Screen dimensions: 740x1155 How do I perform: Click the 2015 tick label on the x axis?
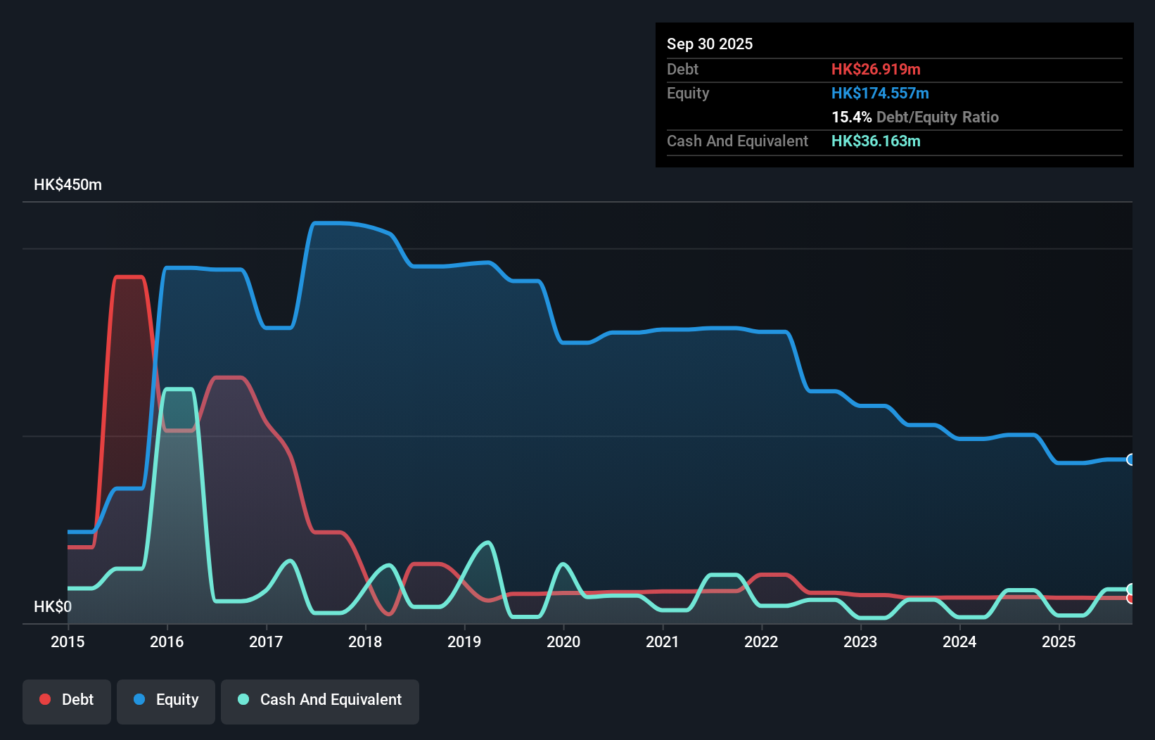(x=68, y=642)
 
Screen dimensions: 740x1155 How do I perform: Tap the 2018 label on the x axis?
(x=365, y=642)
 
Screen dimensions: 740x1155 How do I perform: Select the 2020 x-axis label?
(x=563, y=642)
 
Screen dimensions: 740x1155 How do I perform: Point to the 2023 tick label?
(x=860, y=642)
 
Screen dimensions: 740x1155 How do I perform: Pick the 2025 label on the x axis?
(x=1059, y=642)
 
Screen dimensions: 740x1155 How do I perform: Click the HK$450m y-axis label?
(x=68, y=185)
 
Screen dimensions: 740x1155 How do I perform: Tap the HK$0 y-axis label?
(x=53, y=606)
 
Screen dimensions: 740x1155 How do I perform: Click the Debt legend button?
(x=67, y=700)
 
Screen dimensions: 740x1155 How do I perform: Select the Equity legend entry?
(x=166, y=700)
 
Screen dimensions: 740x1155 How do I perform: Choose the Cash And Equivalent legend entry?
(x=320, y=700)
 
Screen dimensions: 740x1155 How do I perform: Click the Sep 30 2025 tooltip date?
(x=709, y=44)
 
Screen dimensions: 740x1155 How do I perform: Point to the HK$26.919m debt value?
(x=875, y=69)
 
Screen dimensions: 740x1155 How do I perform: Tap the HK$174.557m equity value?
(x=879, y=93)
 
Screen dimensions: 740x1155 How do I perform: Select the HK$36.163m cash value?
(x=875, y=141)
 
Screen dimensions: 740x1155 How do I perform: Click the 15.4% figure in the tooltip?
(x=851, y=117)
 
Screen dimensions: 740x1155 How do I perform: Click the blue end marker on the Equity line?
(x=1130, y=459)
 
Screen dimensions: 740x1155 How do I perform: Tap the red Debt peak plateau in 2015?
(x=129, y=277)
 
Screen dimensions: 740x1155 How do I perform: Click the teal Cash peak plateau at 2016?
(x=179, y=389)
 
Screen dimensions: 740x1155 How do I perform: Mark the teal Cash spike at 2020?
(x=563, y=564)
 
